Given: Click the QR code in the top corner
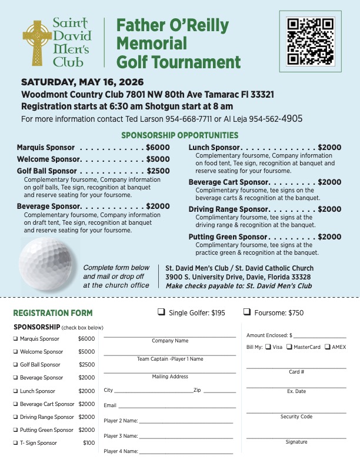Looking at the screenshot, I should [x=311, y=41].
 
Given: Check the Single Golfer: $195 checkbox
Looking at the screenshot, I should [x=161, y=312].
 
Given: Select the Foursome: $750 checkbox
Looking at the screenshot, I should [x=247, y=312].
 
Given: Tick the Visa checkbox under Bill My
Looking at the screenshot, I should [x=268, y=347].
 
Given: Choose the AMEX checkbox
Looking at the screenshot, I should [x=327, y=347].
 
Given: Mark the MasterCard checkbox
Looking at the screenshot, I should [x=289, y=347].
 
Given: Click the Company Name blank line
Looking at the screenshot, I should [x=169, y=336].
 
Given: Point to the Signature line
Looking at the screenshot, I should [x=296, y=437].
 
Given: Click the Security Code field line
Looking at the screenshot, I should [x=296, y=412].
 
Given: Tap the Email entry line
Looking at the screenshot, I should [x=177, y=407].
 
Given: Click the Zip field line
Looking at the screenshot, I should [x=219, y=392].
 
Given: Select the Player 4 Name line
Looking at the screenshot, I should [x=186, y=453].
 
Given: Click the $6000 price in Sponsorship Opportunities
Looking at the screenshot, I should [x=158, y=148].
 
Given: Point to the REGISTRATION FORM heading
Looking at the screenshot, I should [x=53, y=313].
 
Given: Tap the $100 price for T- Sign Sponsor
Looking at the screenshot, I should [x=88, y=443].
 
